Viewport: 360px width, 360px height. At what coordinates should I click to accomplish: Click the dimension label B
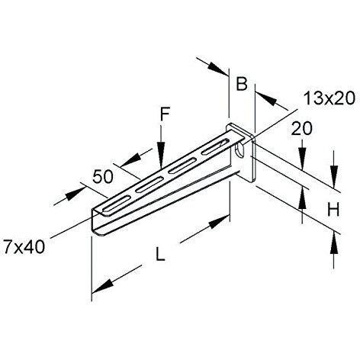[x=241, y=84]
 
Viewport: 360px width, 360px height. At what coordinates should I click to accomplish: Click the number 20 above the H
[x=302, y=129]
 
